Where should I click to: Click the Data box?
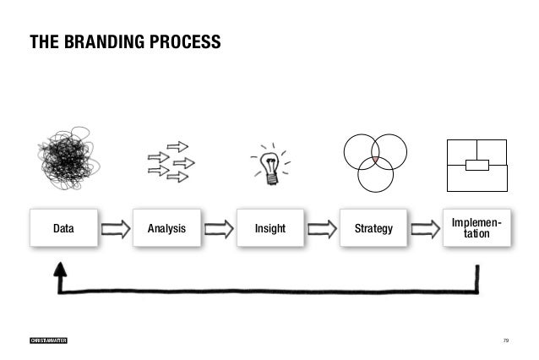(x=63, y=227)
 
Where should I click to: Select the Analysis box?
(x=166, y=227)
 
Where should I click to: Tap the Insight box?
(x=269, y=227)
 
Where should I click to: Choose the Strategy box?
(x=373, y=227)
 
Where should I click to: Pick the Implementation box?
(x=476, y=227)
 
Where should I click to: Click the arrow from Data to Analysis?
(x=115, y=227)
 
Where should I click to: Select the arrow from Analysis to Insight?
(x=218, y=227)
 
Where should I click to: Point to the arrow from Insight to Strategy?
(x=321, y=227)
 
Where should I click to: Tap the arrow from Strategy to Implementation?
(x=425, y=227)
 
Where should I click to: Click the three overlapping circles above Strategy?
(x=375, y=161)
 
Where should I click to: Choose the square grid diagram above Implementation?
(x=477, y=164)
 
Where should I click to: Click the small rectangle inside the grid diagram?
(x=477, y=164)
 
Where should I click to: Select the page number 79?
(x=505, y=340)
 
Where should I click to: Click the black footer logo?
(x=48, y=340)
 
